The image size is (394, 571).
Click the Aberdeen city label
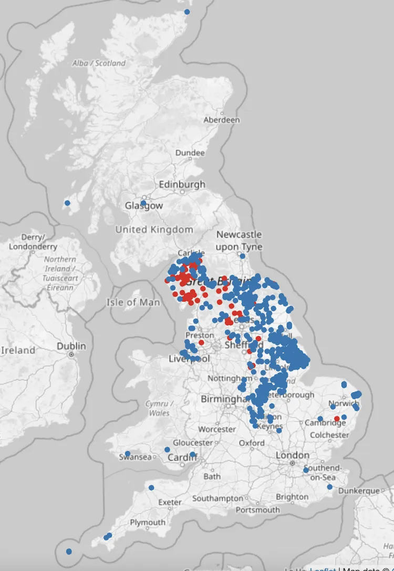click(222, 120)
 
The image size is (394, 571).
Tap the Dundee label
click(190, 153)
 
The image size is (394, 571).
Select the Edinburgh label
click(182, 185)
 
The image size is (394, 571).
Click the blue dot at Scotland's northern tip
click(187, 12)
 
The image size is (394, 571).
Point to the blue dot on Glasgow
click(143, 203)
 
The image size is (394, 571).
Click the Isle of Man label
click(133, 302)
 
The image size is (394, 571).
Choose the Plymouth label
click(147, 523)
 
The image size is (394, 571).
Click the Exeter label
click(170, 503)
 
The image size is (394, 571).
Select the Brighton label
click(292, 497)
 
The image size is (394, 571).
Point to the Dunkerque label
click(359, 491)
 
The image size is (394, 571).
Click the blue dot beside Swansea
click(128, 454)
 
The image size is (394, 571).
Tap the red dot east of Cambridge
click(337, 419)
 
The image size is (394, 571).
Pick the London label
click(293, 455)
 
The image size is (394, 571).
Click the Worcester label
click(217, 430)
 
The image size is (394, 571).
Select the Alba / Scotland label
click(99, 63)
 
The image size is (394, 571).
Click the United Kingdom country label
click(154, 230)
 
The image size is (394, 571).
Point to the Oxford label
click(252, 443)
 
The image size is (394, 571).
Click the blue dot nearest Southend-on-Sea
click(306, 471)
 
